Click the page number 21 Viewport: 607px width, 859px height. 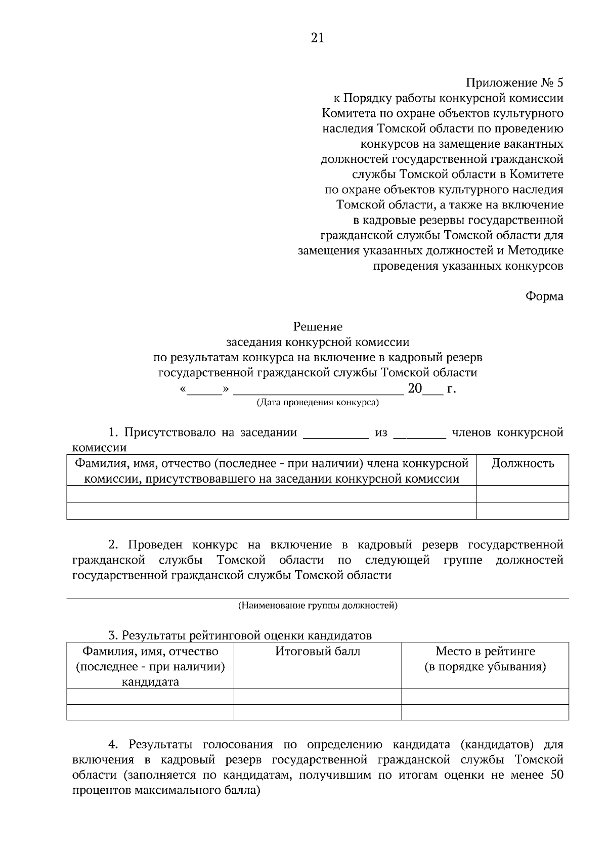pos(317,38)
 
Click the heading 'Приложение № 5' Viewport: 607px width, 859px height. pos(514,83)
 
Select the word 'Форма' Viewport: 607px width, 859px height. pos(544,296)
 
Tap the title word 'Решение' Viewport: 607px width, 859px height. pos(318,327)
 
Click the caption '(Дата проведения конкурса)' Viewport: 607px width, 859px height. pos(318,403)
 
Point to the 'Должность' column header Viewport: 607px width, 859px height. pos(523,463)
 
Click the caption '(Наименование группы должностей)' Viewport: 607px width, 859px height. pos(318,606)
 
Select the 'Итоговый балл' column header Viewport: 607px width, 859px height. pos(318,651)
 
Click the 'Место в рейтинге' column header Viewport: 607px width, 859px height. pos(485,651)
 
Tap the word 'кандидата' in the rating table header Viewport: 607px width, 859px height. pos(150,681)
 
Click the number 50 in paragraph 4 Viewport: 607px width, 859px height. pos(555,775)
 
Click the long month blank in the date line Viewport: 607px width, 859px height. pos(318,390)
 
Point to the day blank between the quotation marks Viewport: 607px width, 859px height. pos(205,390)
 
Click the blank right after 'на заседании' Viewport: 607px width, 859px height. pos(335,434)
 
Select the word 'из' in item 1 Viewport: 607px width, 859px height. pos(381,433)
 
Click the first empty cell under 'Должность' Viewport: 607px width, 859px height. pos(523,494)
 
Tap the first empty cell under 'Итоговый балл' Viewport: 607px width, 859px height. pos(318,697)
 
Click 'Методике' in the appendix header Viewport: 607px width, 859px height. pos(536,250)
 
